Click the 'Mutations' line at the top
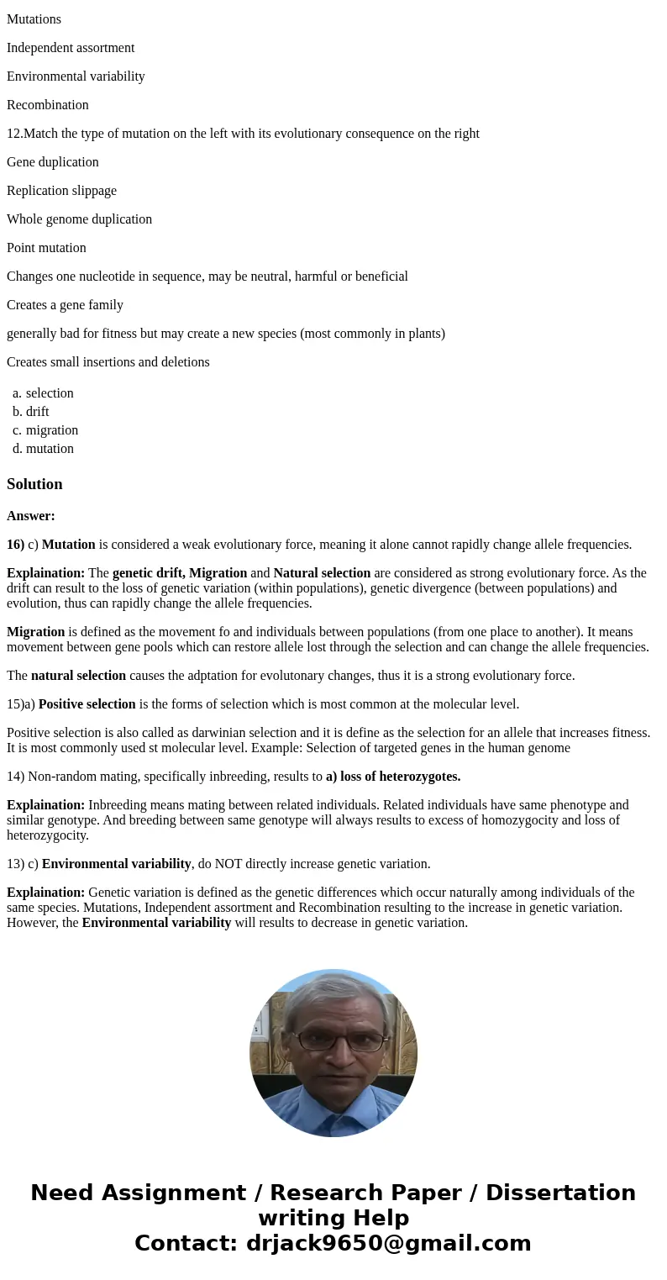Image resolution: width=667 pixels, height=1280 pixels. (x=34, y=19)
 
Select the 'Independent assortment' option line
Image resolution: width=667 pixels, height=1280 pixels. (x=71, y=48)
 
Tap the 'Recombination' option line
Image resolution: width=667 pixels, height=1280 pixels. (x=48, y=105)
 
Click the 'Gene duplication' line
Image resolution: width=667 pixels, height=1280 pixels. (x=53, y=162)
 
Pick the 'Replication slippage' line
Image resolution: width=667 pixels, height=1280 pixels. (x=61, y=191)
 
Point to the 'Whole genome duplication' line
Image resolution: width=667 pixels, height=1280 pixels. (x=79, y=219)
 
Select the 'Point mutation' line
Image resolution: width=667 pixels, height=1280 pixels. (x=46, y=248)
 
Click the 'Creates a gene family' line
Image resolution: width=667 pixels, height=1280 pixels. (x=65, y=305)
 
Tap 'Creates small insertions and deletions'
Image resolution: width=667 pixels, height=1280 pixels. (x=108, y=362)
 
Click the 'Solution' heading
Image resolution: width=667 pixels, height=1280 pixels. (x=34, y=484)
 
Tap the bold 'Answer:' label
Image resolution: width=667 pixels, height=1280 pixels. (x=31, y=516)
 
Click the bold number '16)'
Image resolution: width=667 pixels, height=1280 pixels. (x=15, y=545)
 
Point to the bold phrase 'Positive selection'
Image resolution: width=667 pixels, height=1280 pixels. (x=87, y=704)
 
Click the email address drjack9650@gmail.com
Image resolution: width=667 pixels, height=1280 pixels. (x=388, y=1243)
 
